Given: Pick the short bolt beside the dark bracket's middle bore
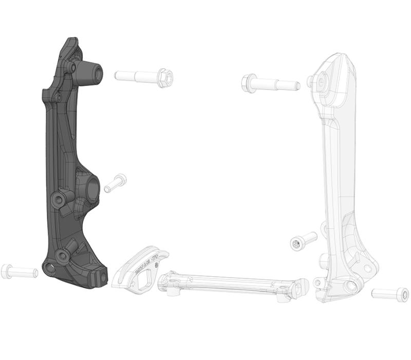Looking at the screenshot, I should point(115,183).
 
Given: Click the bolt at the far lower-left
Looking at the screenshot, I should point(20,271).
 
